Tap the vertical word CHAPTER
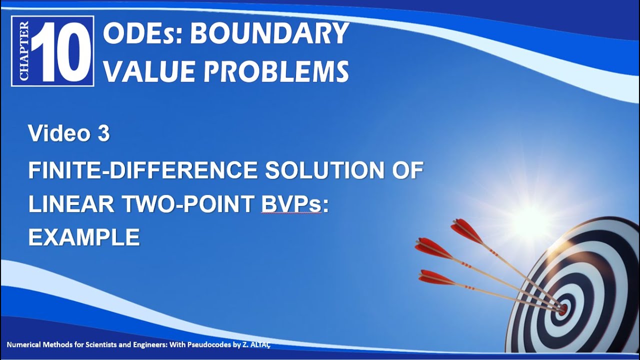[24, 51]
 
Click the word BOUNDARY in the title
[269, 33]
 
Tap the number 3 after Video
[103, 133]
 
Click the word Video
[59, 133]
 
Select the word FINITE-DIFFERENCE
[142, 170]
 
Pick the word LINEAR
[71, 204]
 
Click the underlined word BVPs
[291, 204]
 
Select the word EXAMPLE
[84, 237]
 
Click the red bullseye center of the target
[562, 309]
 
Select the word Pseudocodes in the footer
[209, 345]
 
